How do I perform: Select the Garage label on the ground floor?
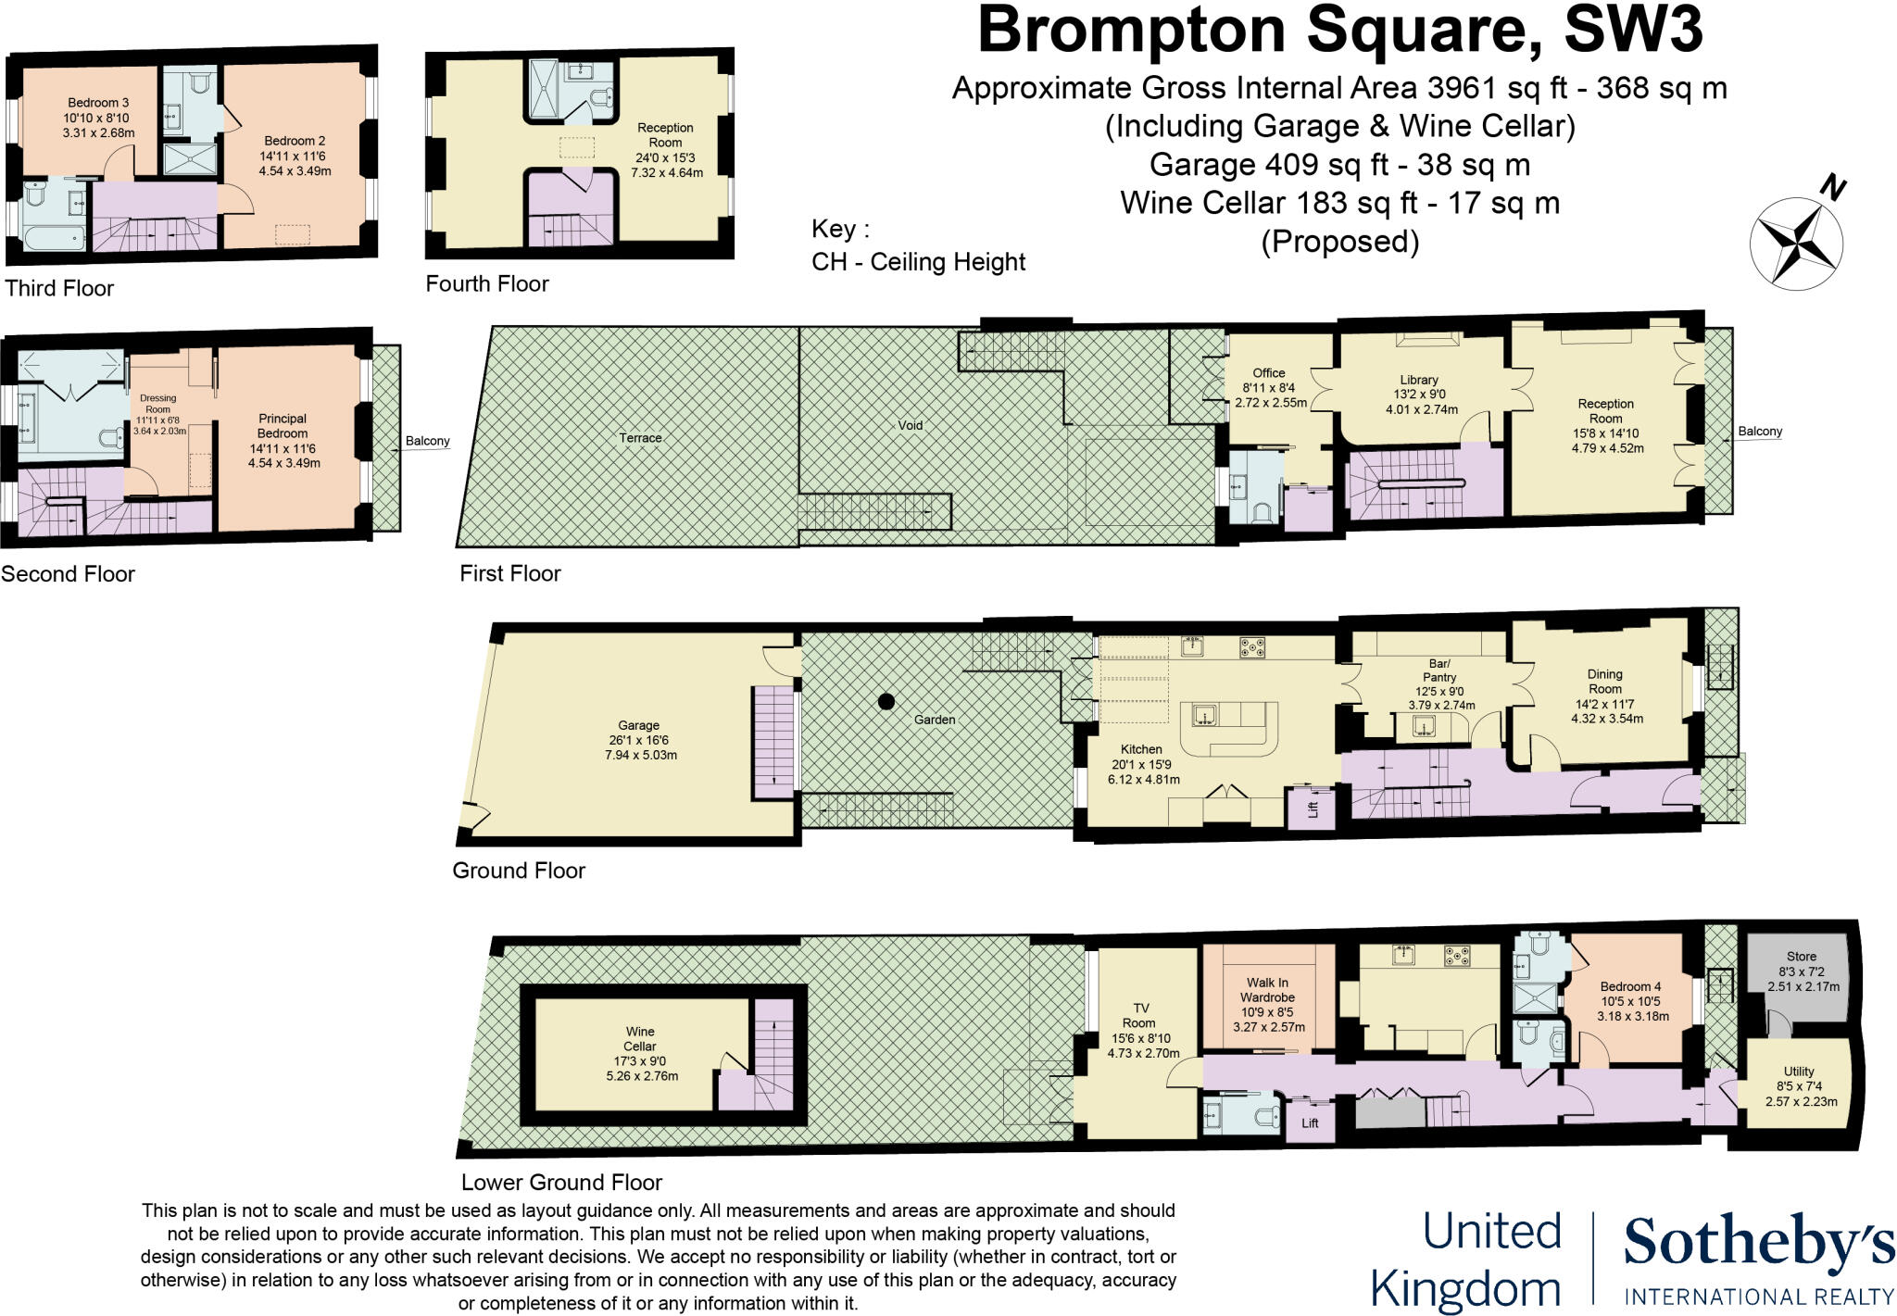639,725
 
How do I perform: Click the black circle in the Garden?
886,701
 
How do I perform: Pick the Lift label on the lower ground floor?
1310,1123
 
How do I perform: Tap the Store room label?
1802,957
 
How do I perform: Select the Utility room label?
1799,1072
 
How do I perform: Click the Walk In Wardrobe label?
1267,990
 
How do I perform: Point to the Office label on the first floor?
1269,373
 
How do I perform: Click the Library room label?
1419,380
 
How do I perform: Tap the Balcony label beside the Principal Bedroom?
428,441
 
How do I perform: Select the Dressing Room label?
158,404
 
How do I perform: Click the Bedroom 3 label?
98,103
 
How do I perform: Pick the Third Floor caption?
59,288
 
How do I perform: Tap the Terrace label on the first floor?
640,438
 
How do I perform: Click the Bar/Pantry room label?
1439,671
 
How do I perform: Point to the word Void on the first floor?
910,425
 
